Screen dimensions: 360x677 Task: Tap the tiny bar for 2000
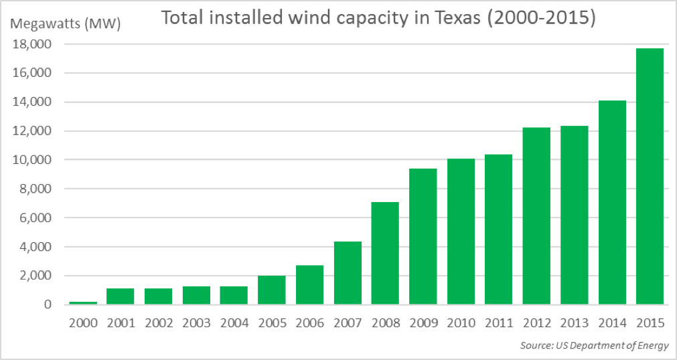[x=82, y=302]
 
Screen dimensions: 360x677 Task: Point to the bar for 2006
[x=309, y=285]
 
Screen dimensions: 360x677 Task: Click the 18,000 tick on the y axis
[x=33, y=45]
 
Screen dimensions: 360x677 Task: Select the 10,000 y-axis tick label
[x=33, y=160]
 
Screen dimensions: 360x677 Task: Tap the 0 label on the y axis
[x=47, y=304]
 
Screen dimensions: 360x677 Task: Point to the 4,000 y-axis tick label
[x=36, y=247]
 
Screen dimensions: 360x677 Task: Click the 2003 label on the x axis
[x=196, y=323]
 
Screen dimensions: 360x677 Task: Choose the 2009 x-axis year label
[x=423, y=323]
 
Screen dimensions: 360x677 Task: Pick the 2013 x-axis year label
[x=574, y=323]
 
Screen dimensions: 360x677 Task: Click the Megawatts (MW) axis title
[x=65, y=25]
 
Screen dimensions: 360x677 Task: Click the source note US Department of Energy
[x=594, y=345]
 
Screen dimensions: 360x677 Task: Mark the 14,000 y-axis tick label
[x=33, y=102]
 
